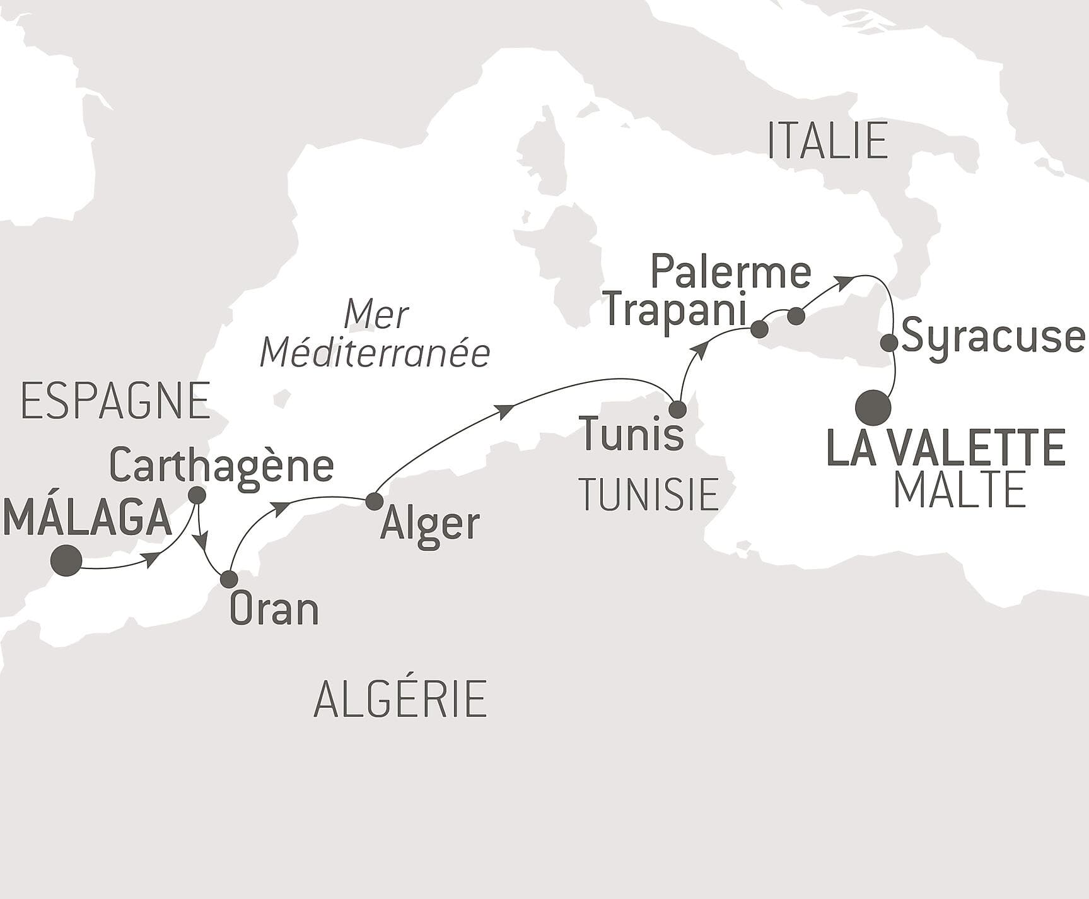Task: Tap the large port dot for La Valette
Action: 873,408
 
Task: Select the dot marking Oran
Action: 229,579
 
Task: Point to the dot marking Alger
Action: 375,502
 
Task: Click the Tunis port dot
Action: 677,409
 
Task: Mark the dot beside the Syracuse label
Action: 889,343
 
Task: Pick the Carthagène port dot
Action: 197,495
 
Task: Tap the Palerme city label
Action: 730,272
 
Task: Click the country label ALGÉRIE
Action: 400,699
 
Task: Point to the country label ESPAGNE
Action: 115,402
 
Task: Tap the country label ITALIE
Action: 827,141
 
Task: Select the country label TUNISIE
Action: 649,494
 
